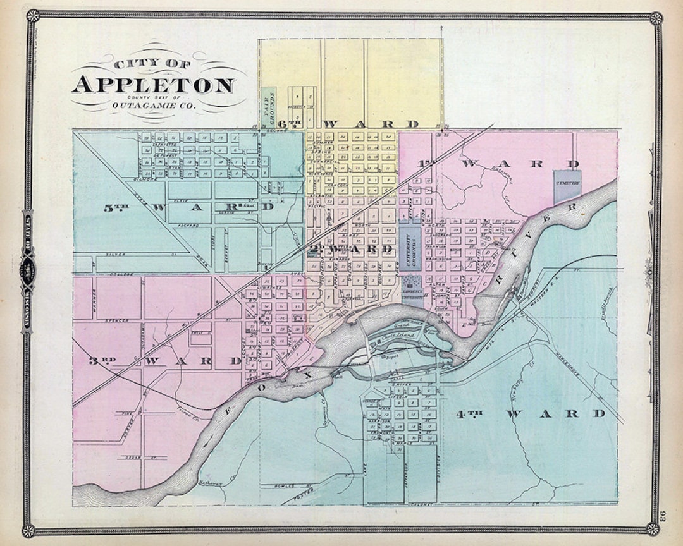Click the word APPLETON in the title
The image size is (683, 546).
pyautogui.click(x=153, y=84)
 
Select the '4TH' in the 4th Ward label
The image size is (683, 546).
pyautogui.click(x=469, y=414)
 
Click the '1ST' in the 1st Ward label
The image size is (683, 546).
pyautogui.click(x=427, y=164)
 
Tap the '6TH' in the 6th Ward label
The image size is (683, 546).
pyautogui.click(x=292, y=124)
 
